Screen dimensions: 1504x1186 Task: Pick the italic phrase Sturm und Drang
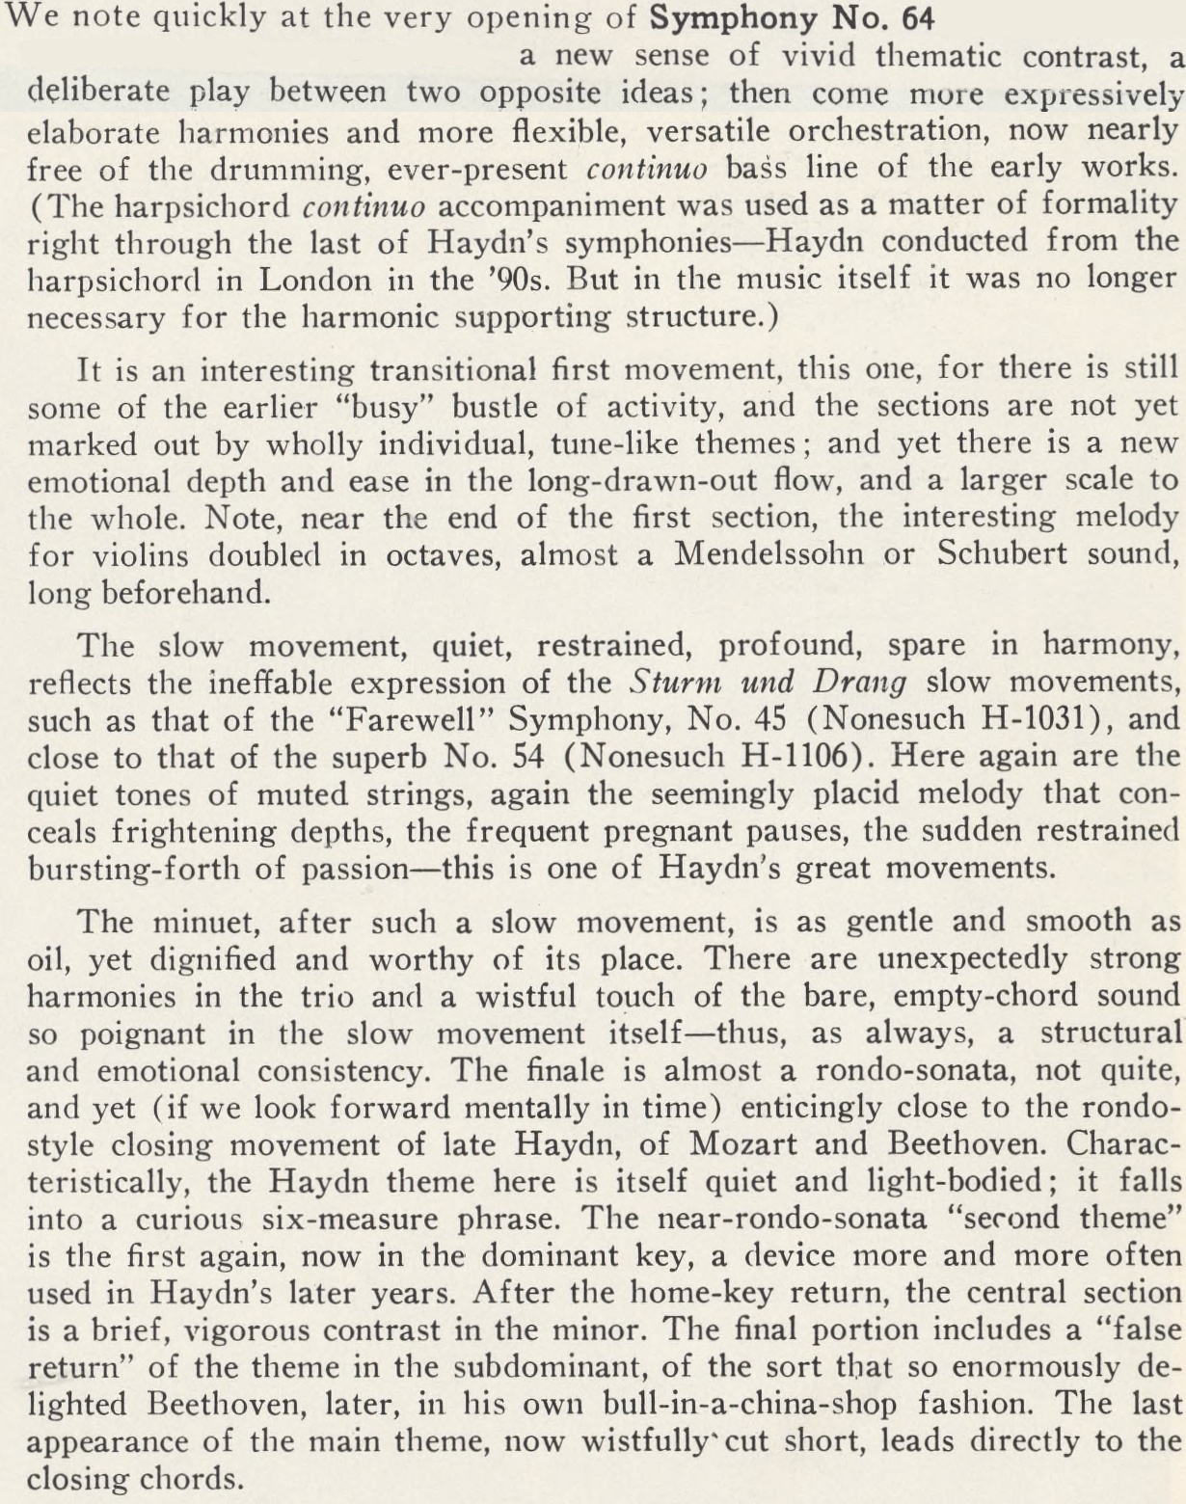[x=768, y=683]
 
